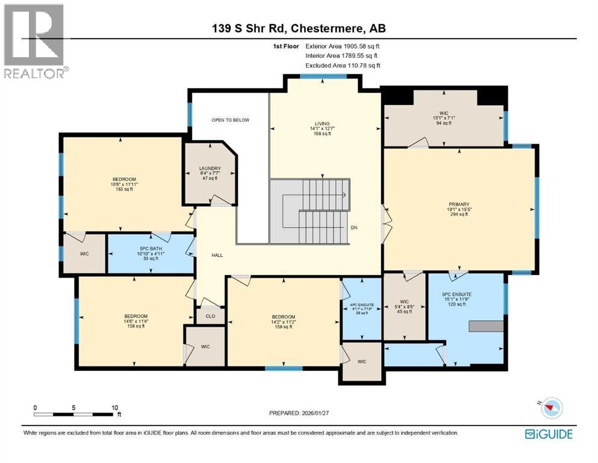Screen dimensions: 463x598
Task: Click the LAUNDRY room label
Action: point(210,169)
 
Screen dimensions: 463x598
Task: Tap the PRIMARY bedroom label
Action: point(458,204)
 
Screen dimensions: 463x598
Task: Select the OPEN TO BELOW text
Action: point(230,120)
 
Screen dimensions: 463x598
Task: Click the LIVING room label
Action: point(321,124)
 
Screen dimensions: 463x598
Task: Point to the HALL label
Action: point(217,255)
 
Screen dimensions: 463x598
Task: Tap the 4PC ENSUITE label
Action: point(361,305)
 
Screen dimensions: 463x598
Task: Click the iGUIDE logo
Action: point(548,434)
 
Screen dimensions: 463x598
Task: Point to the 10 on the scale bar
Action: point(114,408)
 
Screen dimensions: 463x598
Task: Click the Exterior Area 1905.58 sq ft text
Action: point(343,46)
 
